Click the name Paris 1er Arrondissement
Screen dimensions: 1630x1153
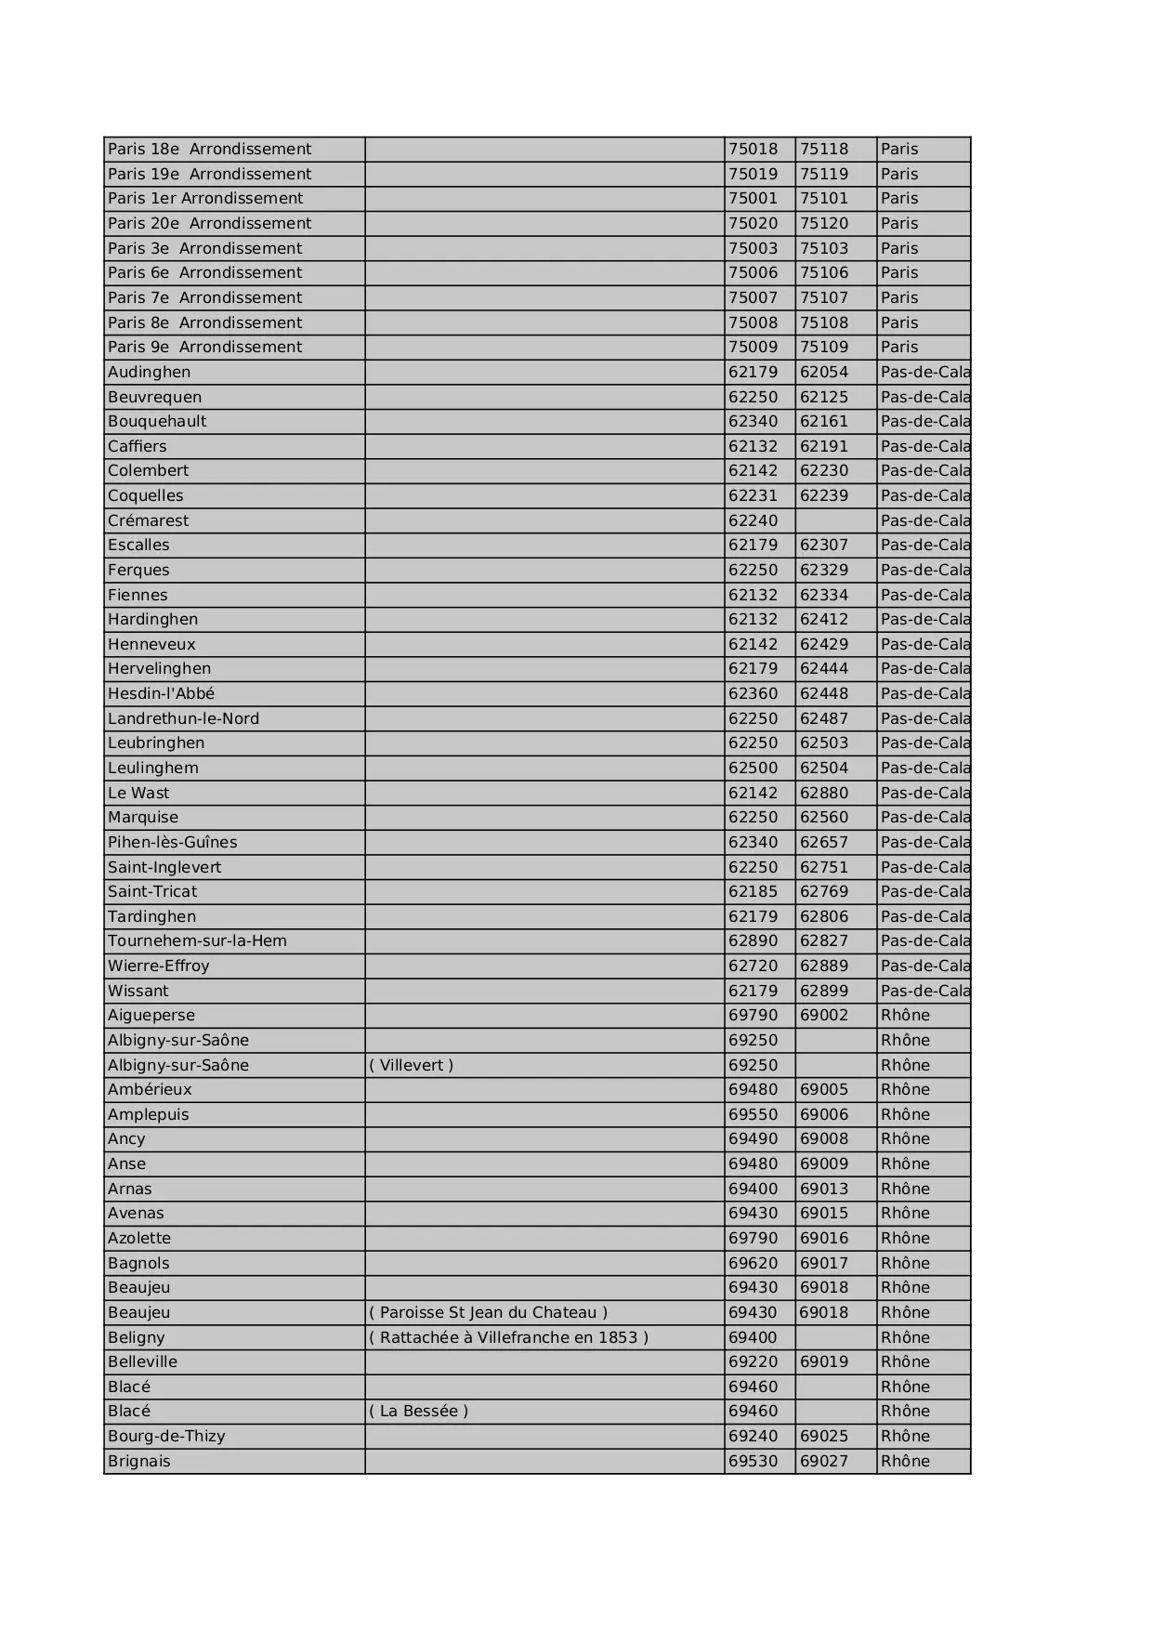point(205,198)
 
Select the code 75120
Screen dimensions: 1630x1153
point(824,223)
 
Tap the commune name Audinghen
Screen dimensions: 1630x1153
point(149,372)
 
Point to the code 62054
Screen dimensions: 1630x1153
point(824,372)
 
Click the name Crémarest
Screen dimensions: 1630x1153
point(148,520)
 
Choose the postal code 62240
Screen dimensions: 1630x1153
point(753,520)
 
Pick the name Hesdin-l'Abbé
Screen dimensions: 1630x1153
point(161,693)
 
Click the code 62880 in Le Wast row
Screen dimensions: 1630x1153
point(824,793)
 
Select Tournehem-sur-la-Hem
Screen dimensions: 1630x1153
point(197,940)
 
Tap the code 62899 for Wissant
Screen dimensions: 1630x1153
point(824,991)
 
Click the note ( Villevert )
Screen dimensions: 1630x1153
point(412,1065)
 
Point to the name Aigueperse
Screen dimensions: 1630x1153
point(151,1015)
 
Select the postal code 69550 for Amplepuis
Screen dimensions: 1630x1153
point(753,1114)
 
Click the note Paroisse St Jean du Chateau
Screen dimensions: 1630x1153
point(488,1312)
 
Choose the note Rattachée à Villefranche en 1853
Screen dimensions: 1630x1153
point(508,1337)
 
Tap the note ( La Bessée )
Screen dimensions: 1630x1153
point(418,1411)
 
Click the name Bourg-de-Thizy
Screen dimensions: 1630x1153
point(166,1436)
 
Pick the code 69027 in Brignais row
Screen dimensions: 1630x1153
point(824,1461)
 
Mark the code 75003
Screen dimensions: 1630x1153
point(753,248)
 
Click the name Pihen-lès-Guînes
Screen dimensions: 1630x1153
point(172,842)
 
